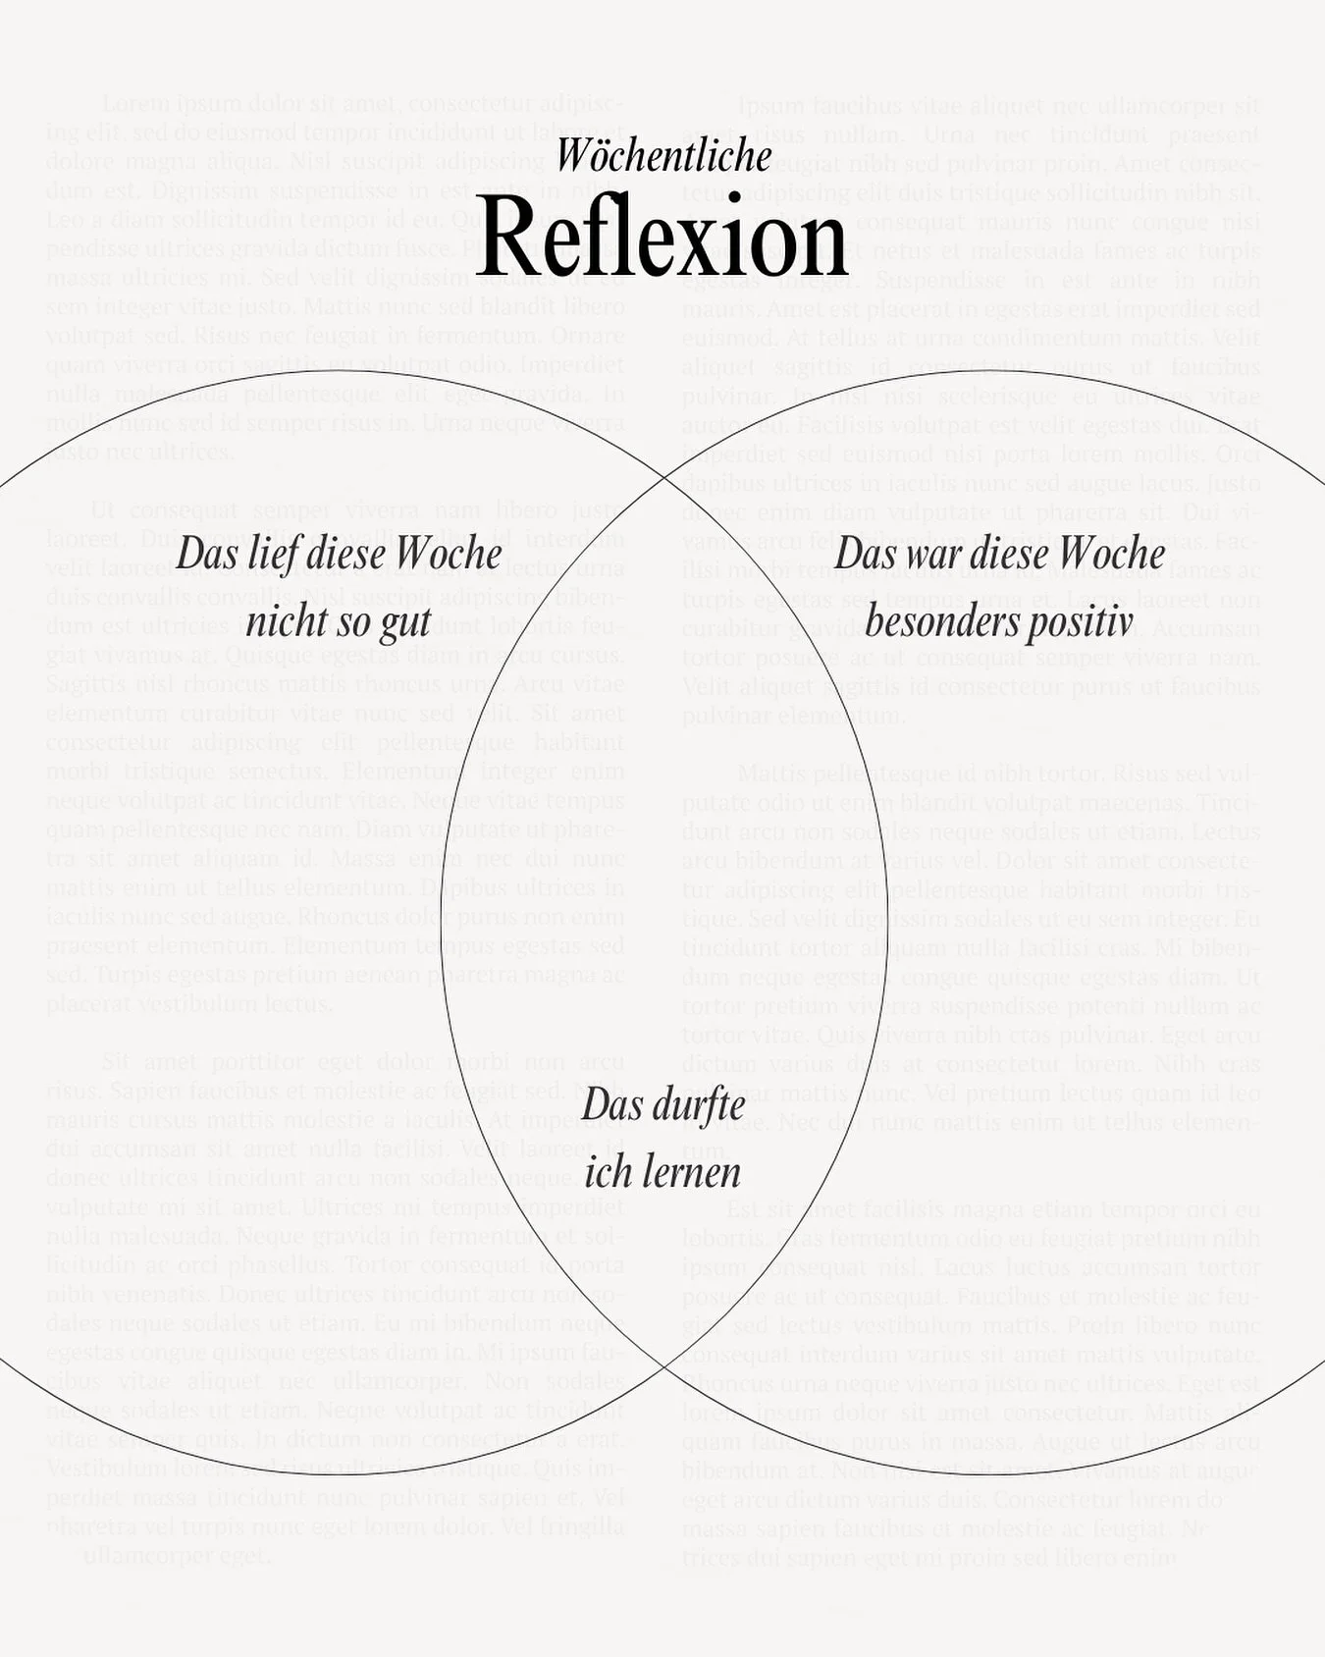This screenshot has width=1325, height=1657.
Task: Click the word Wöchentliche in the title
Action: pyautogui.click(x=664, y=156)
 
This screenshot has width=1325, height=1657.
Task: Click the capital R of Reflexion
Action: pyautogui.click(x=506, y=238)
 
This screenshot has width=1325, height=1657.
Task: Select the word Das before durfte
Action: pyautogui.click(x=612, y=1105)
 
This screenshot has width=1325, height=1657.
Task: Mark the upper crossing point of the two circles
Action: pyautogui.click(x=663, y=477)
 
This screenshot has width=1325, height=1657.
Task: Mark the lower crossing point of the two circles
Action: pyautogui.click(x=663, y=1364)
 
